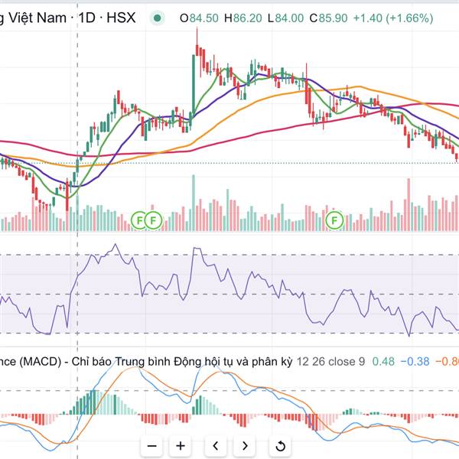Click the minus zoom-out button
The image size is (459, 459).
(x=152, y=445)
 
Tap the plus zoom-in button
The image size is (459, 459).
(x=181, y=445)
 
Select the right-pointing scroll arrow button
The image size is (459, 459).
(x=245, y=445)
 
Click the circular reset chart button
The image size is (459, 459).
(x=280, y=445)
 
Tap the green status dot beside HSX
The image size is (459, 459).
(x=157, y=18)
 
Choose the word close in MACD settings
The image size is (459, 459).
(x=347, y=361)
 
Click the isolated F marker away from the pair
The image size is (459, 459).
(x=334, y=221)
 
